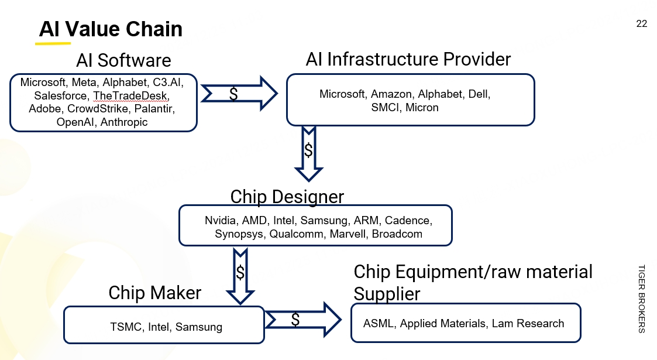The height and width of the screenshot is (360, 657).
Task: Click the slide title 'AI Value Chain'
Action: coord(111,29)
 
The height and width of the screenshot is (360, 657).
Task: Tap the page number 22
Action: coord(642,23)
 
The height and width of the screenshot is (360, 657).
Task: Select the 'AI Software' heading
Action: coord(123,60)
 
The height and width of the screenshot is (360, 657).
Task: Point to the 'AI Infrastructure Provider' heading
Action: coord(408,59)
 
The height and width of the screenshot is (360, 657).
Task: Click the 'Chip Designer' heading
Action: coord(287,197)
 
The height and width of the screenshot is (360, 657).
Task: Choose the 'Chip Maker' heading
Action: coord(155,293)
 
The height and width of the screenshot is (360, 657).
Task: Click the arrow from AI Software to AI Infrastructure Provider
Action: coord(239,94)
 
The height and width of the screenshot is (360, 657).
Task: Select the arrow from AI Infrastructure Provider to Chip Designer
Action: coord(309,153)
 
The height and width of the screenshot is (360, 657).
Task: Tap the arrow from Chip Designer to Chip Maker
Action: coord(240,276)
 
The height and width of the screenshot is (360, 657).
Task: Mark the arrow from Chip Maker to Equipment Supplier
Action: coord(303,320)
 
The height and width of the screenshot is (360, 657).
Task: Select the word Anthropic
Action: coord(124,122)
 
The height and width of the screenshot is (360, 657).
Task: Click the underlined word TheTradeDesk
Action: coord(130,95)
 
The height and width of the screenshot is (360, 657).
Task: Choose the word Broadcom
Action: coord(397,234)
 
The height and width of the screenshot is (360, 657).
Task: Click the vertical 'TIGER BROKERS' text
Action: coord(642,299)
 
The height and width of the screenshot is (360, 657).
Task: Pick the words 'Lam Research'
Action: coord(528,324)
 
